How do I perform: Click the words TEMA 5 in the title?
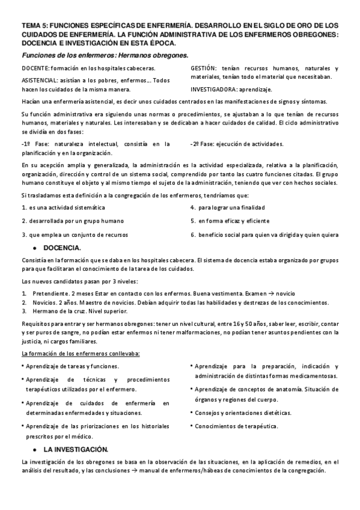tap(34, 26)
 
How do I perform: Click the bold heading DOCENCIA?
tap(63, 247)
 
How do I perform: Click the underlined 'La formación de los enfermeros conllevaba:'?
tap(80, 353)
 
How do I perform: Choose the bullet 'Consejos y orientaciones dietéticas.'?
tap(243, 413)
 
